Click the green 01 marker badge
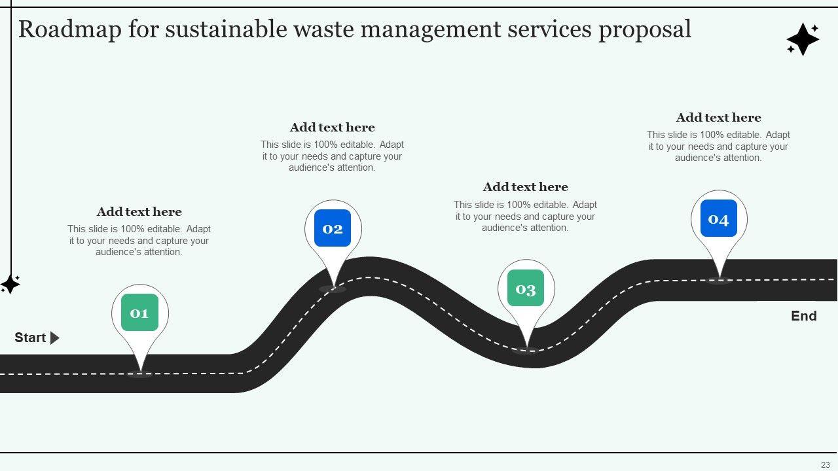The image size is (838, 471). pyautogui.click(x=139, y=313)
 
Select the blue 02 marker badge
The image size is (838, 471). pyautogui.click(x=333, y=228)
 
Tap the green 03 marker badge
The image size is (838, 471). pyautogui.click(x=526, y=288)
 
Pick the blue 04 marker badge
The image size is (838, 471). pyautogui.click(x=719, y=218)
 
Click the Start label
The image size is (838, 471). pyautogui.click(x=30, y=338)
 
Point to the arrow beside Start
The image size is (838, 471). pyautogui.click(x=55, y=338)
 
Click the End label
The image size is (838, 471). pyautogui.click(x=803, y=316)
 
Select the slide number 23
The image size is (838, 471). pyautogui.click(x=825, y=464)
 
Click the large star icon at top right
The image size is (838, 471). pyautogui.click(x=803, y=39)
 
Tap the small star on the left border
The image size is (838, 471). pyautogui.click(x=10, y=284)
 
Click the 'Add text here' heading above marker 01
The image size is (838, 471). pyautogui.click(x=139, y=212)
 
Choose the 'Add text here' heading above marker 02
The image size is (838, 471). pyautogui.click(x=332, y=128)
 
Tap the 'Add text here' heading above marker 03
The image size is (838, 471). pyautogui.click(x=525, y=187)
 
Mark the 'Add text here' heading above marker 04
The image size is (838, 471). pyautogui.click(x=718, y=118)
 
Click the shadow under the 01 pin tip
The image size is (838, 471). pyautogui.click(x=139, y=375)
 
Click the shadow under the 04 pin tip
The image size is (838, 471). pyautogui.click(x=719, y=281)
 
